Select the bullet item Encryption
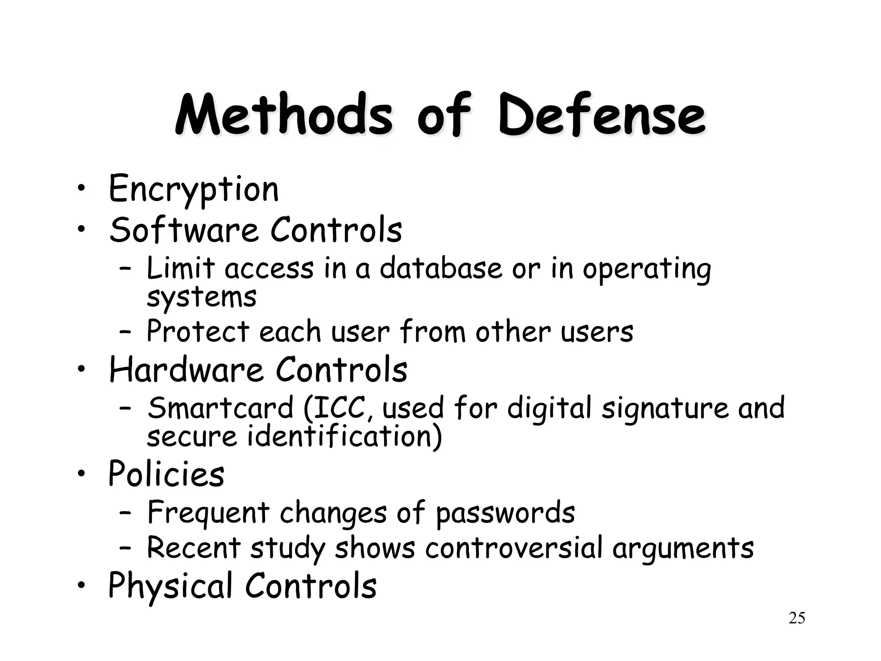[x=194, y=189]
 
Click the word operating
[x=647, y=269]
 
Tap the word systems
[x=201, y=297]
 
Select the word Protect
[x=198, y=331]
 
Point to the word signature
[x=665, y=409]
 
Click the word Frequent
[x=208, y=513]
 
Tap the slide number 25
[x=797, y=618]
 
